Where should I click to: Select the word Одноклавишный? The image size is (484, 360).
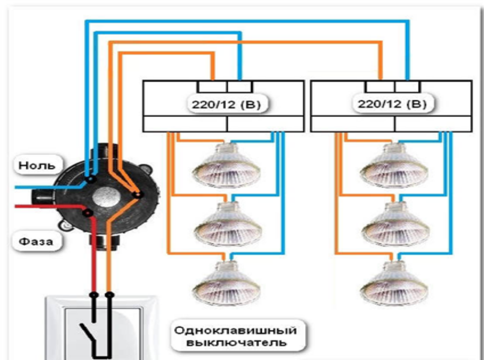pos(235,330)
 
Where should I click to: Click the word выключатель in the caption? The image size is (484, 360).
pos(235,343)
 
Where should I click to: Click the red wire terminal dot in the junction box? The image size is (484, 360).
pos(88,212)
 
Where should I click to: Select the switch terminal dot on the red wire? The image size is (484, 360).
pos(94,295)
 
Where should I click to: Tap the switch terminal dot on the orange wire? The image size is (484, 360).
pos(109,295)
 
